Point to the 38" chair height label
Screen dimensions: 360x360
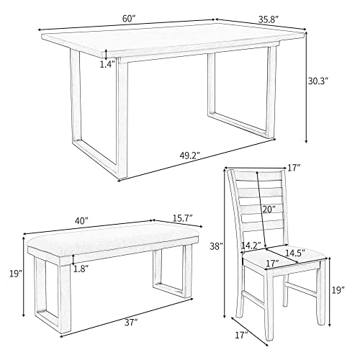[x=216, y=246]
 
